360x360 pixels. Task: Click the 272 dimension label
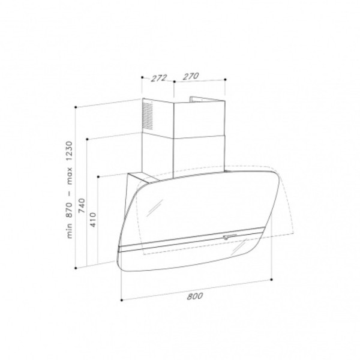[x=159, y=78]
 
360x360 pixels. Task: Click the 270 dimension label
[x=191, y=76]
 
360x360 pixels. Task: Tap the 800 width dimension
[x=195, y=296]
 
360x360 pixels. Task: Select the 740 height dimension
[x=82, y=205]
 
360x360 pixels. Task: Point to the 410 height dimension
[x=93, y=220]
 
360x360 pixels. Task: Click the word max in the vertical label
[x=69, y=176]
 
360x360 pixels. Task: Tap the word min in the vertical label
[x=69, y=231]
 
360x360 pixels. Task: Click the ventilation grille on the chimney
[x=148, y=116]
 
